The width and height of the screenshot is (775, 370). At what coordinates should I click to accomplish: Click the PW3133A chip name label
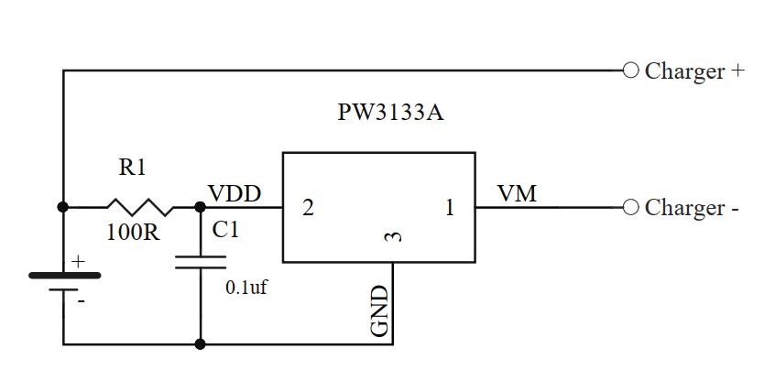pyautogui.click(x=391, y=114)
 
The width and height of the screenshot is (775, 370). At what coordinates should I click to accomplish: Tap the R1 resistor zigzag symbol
pyautogui.click(x=139, y=207)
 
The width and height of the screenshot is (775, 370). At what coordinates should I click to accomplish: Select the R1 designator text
pyautogui.click(x=132, y=168)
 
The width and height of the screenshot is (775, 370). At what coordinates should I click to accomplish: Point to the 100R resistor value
pyautogui.click(x=133, y=233)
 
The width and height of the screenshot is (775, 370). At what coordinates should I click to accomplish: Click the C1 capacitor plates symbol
pyautogui.click(x=200, y=263)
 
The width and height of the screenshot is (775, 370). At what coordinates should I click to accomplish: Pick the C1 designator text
pyautogui.click(x=225, y=231)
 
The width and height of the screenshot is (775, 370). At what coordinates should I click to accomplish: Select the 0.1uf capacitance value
pyautogui.click(x=246, y=287)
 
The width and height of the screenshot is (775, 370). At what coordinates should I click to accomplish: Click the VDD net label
pyautogui.click(x=235, y=194)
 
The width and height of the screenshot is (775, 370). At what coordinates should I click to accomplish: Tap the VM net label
pyautogui.click(x=517, y=194)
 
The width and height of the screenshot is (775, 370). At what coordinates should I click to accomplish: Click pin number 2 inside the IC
pyautogui.click(x=308, y=208)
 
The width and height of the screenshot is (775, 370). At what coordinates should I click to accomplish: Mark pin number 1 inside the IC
pyautogui.click(x=450, y=208)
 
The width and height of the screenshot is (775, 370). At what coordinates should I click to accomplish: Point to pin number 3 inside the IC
pyautogui.click(x=393, y=237)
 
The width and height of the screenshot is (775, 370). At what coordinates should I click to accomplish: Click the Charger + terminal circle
pyautogui.click(x=630, y=70)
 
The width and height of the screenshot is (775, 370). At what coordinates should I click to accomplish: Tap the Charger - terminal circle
pyautogui.click(x=630, y=207)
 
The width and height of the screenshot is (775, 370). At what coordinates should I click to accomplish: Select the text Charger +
pyautogui.click(x=694, y=71)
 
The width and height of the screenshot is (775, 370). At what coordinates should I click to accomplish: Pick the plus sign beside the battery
pyautogui.click(x=78, y=262)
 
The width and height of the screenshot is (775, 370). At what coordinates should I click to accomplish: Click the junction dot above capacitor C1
pyautogui.click(x=200, y=207)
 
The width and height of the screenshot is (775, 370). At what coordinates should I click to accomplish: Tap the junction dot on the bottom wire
pyautogui.click(x=200, y=344)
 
